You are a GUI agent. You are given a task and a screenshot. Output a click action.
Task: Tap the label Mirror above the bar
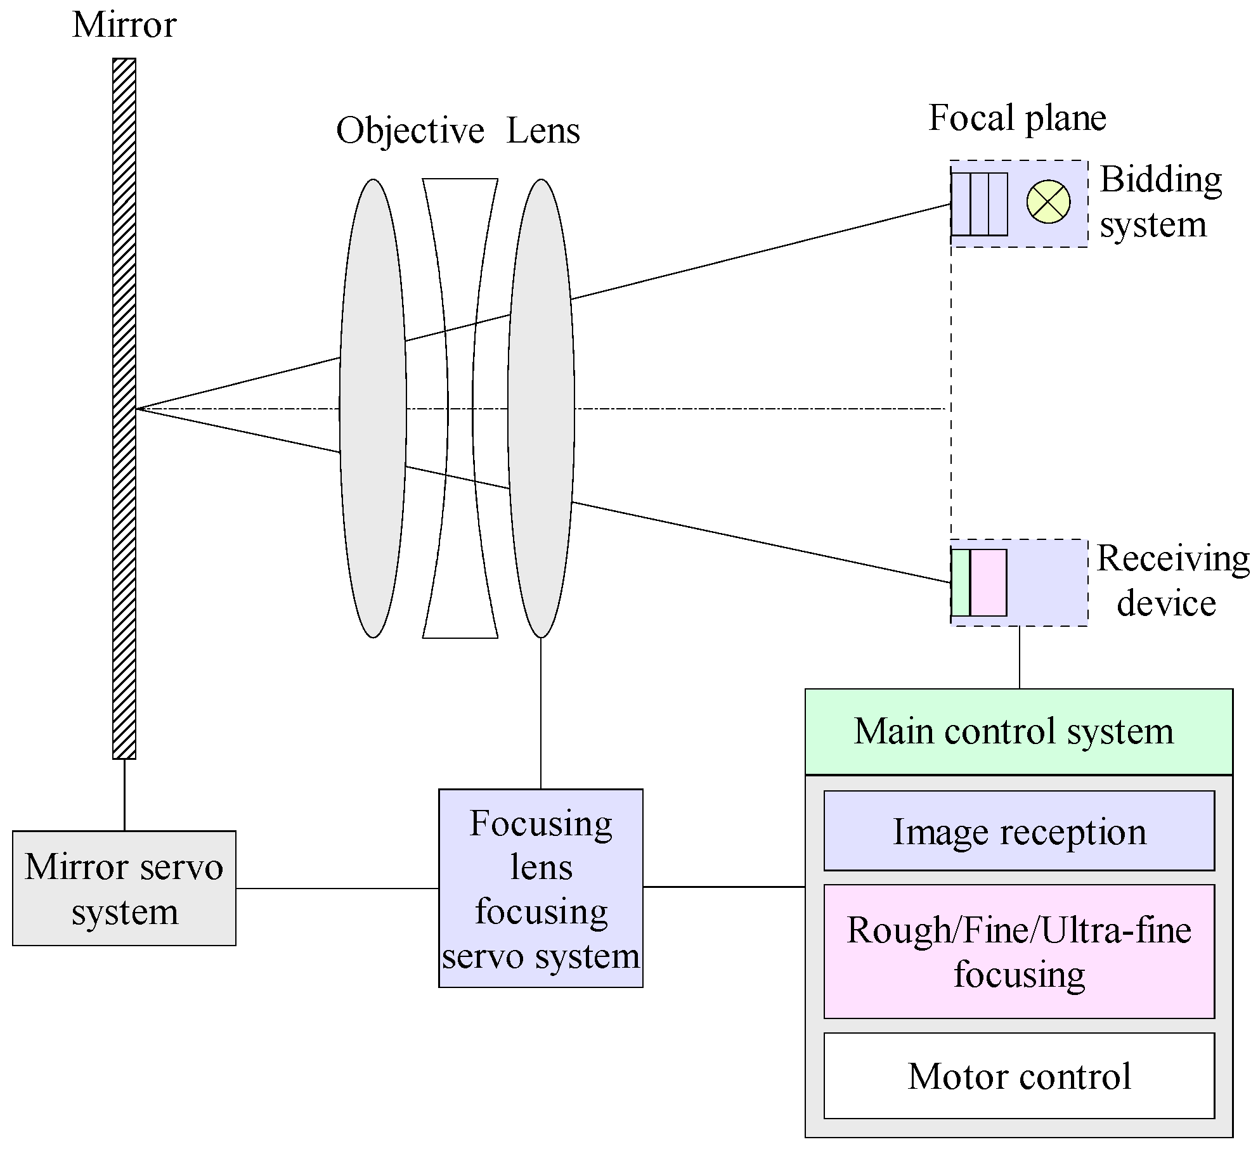pos(124,25)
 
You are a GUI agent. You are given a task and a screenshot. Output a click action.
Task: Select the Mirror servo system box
pos(124,889)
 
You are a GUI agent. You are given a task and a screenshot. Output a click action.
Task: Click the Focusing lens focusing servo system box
pos(541,889)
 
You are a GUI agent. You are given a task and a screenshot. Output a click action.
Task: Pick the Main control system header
pos(1018,731)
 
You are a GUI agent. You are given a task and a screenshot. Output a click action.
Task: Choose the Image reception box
pos(1018,831)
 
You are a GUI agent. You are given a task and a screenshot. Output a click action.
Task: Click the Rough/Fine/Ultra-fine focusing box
pos(1018,951)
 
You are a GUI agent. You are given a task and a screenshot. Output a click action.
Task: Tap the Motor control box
pos(1018,1076)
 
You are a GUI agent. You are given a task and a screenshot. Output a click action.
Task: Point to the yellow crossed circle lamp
pos(1048,202)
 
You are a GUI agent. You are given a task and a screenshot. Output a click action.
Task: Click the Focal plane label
pos(1017,118)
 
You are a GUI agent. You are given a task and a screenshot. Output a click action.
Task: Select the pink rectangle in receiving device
pos(989,582)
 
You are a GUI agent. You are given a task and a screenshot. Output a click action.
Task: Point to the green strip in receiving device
pos(961,582)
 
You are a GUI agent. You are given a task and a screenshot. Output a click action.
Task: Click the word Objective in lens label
pos(410,131)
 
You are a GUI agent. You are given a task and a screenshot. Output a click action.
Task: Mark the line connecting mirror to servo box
pos(124,795)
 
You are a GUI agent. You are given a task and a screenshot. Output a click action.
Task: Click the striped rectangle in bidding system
pos(980,204)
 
